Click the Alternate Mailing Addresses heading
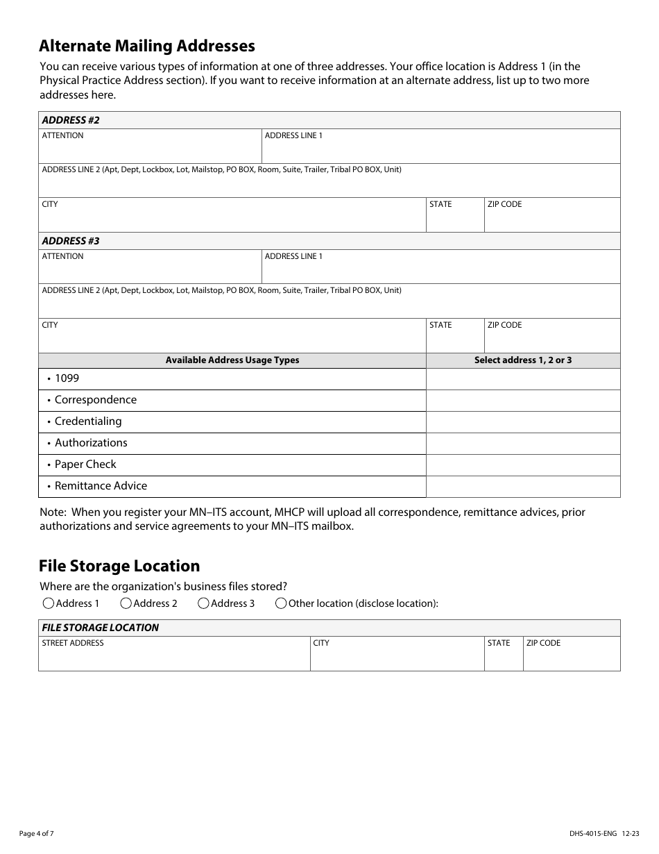(x=147, y=46)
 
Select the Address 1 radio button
(x=49, y=603)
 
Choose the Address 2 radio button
(x=126, y=603)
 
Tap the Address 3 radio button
(x=204, y=603)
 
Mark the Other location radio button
(x=281, y=603)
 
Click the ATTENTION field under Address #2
(x=150, y=150)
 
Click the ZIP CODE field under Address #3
(x=552, y=340)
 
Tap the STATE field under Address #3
(x=454, y=340)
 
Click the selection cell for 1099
(x=523, y=379)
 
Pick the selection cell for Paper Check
(x=523, y=465)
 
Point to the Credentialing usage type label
(x=88, y=421)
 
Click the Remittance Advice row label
(x=101, y=486)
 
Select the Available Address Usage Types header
(x=232, y=360)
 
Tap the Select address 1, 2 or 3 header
(x=523, y=360)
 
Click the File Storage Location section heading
(x=119, y=566)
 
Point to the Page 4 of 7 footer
(x=37, y=833)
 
